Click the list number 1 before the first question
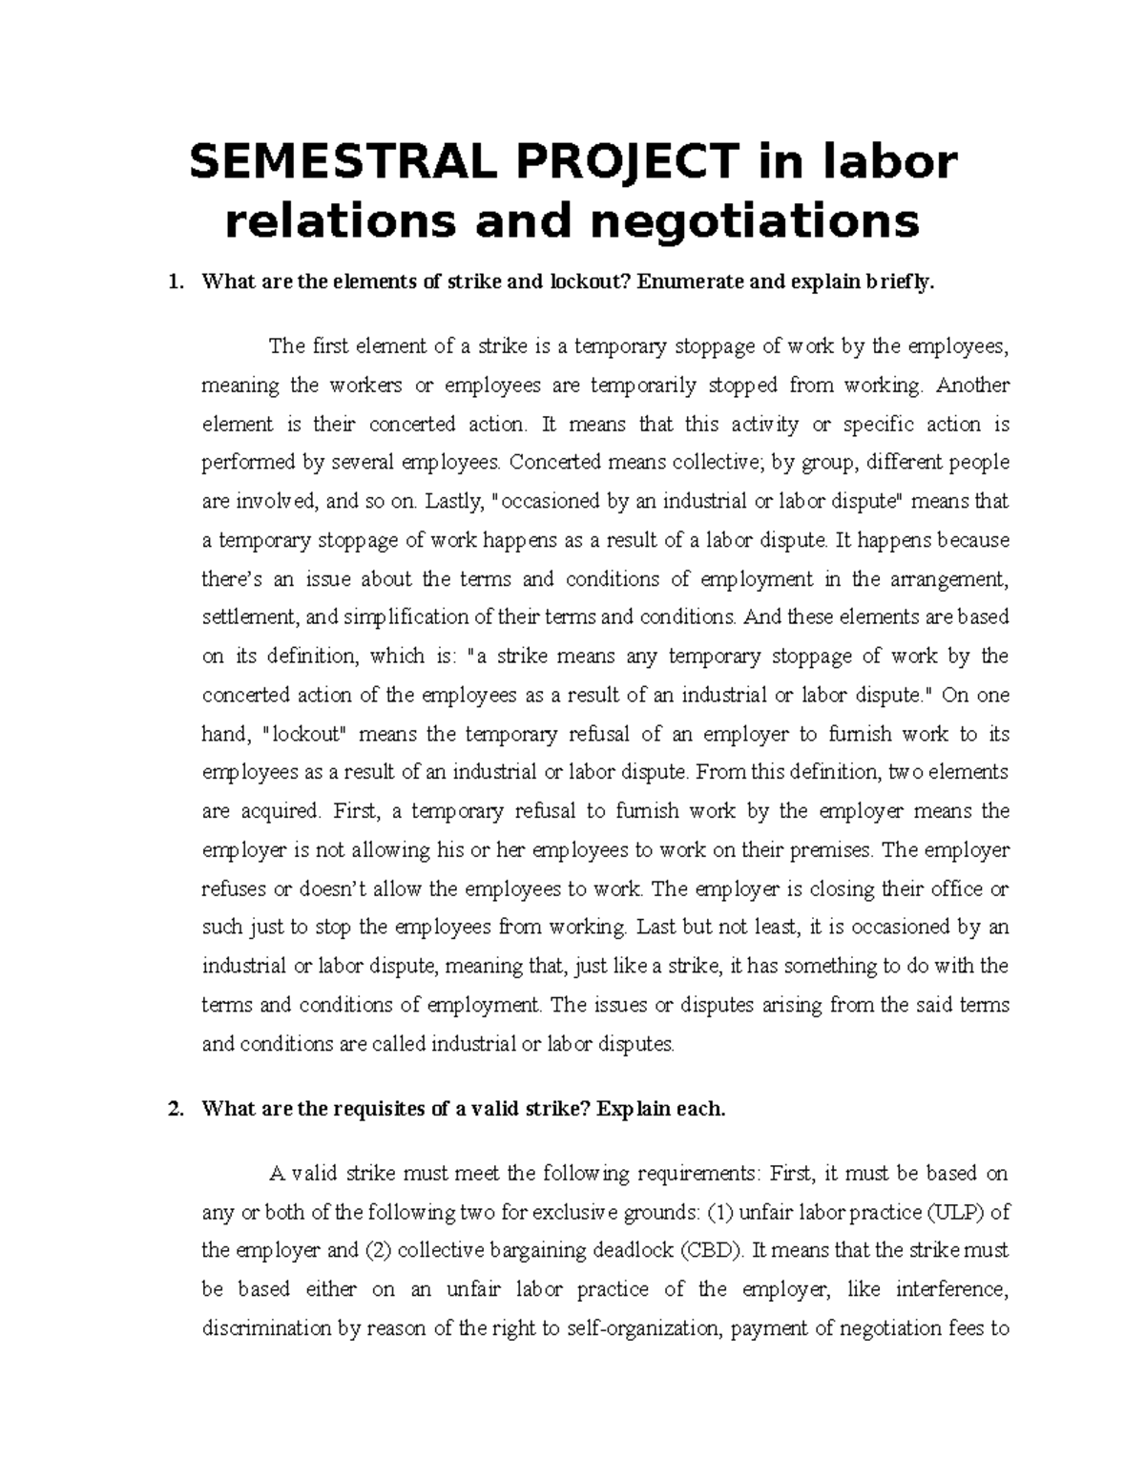click(173, 282)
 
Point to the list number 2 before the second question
click(173, 1109)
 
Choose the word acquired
click(276, 811)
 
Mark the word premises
click(833, 849)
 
